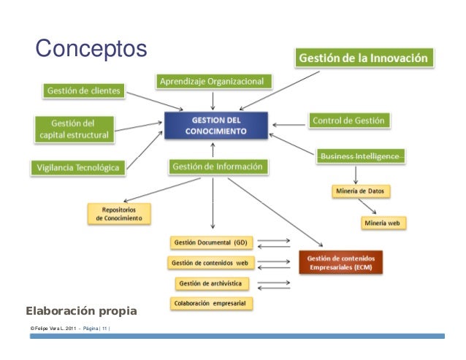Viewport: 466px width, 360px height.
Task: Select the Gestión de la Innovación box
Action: [x=366, y=58]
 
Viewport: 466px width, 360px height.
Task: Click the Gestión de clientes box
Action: [x=85, y=91]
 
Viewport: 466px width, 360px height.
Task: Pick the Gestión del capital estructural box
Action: [x=75, y=129]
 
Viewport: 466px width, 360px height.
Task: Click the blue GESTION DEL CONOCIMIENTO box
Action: [x=216, y=126]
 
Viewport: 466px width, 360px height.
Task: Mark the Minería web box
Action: [x=383, y=222]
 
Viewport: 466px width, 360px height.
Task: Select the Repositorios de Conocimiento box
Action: [x=120, y=214]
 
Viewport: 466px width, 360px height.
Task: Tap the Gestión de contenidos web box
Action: [x=209, y=262]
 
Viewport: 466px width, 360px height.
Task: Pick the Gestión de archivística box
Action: [x=212, y=283]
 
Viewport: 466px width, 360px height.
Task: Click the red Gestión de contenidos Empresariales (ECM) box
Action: [x=340, y=263]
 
